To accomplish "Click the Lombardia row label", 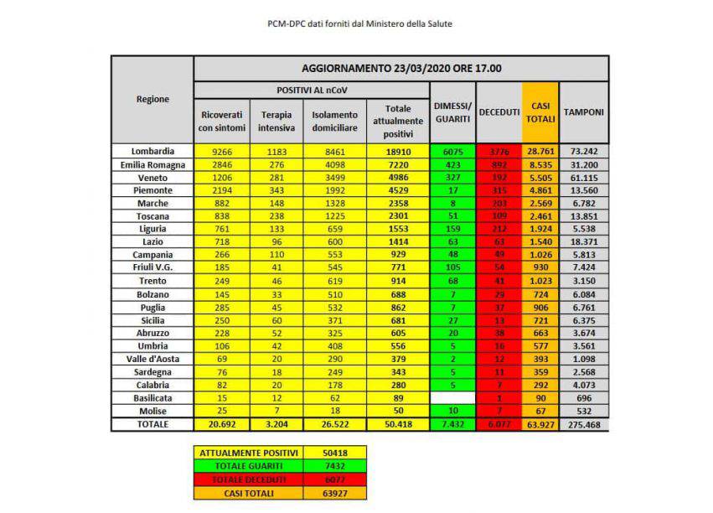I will [x=153, y=151].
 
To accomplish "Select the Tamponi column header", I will [x=583, y=111].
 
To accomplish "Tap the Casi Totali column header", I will [x=540, y=111].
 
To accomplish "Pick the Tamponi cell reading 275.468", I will [x=583, y=425].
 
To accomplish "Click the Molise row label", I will [x=153, y=412].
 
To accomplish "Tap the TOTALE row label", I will [x=153, y=425].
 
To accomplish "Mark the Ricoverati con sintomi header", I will [x=222, y=121].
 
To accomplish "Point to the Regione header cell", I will [x=152, y=99].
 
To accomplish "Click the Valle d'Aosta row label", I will [x=153, y=357].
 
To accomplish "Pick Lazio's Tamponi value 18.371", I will [x=583, y=241].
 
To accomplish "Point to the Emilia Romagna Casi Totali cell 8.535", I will [x=540, y=164].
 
